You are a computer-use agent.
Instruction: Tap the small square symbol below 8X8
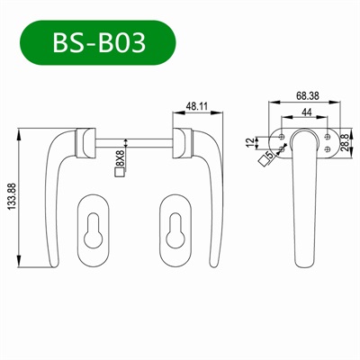tap(119, 174)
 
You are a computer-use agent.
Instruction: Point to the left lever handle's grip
tap(56, 216)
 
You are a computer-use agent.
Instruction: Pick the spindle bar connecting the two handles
tap(135, 141)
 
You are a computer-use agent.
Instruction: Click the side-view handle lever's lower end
tap(307, 256)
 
